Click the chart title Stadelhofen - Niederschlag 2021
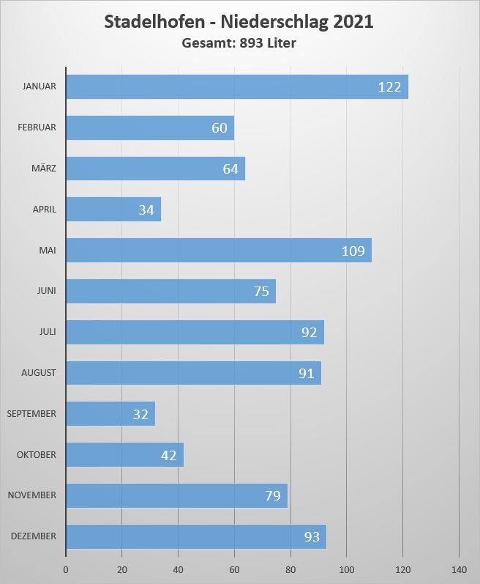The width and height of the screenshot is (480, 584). coord(239,22)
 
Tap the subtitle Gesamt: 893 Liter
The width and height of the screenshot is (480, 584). coord(239,43)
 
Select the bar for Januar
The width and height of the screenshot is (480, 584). coord(220,86)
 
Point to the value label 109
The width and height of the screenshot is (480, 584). coord(353,251)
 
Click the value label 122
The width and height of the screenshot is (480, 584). coord(389,87)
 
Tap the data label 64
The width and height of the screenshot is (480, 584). coord(230,169)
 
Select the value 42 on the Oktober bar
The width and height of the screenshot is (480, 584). coord(168,455)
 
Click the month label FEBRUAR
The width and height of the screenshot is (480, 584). coord(37,127)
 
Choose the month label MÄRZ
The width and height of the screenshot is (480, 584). coord(43,169)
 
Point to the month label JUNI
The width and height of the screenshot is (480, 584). coord(46,291)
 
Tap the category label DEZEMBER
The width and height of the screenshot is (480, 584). coord(34,536)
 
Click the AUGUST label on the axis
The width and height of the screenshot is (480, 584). coord(39,373)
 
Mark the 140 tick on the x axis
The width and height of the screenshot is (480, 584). coord(459,570)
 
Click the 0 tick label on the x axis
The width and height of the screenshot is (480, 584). coord(66,570)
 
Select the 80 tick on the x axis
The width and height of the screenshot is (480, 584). coord(290,570)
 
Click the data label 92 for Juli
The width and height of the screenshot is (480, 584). coord(309,333)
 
